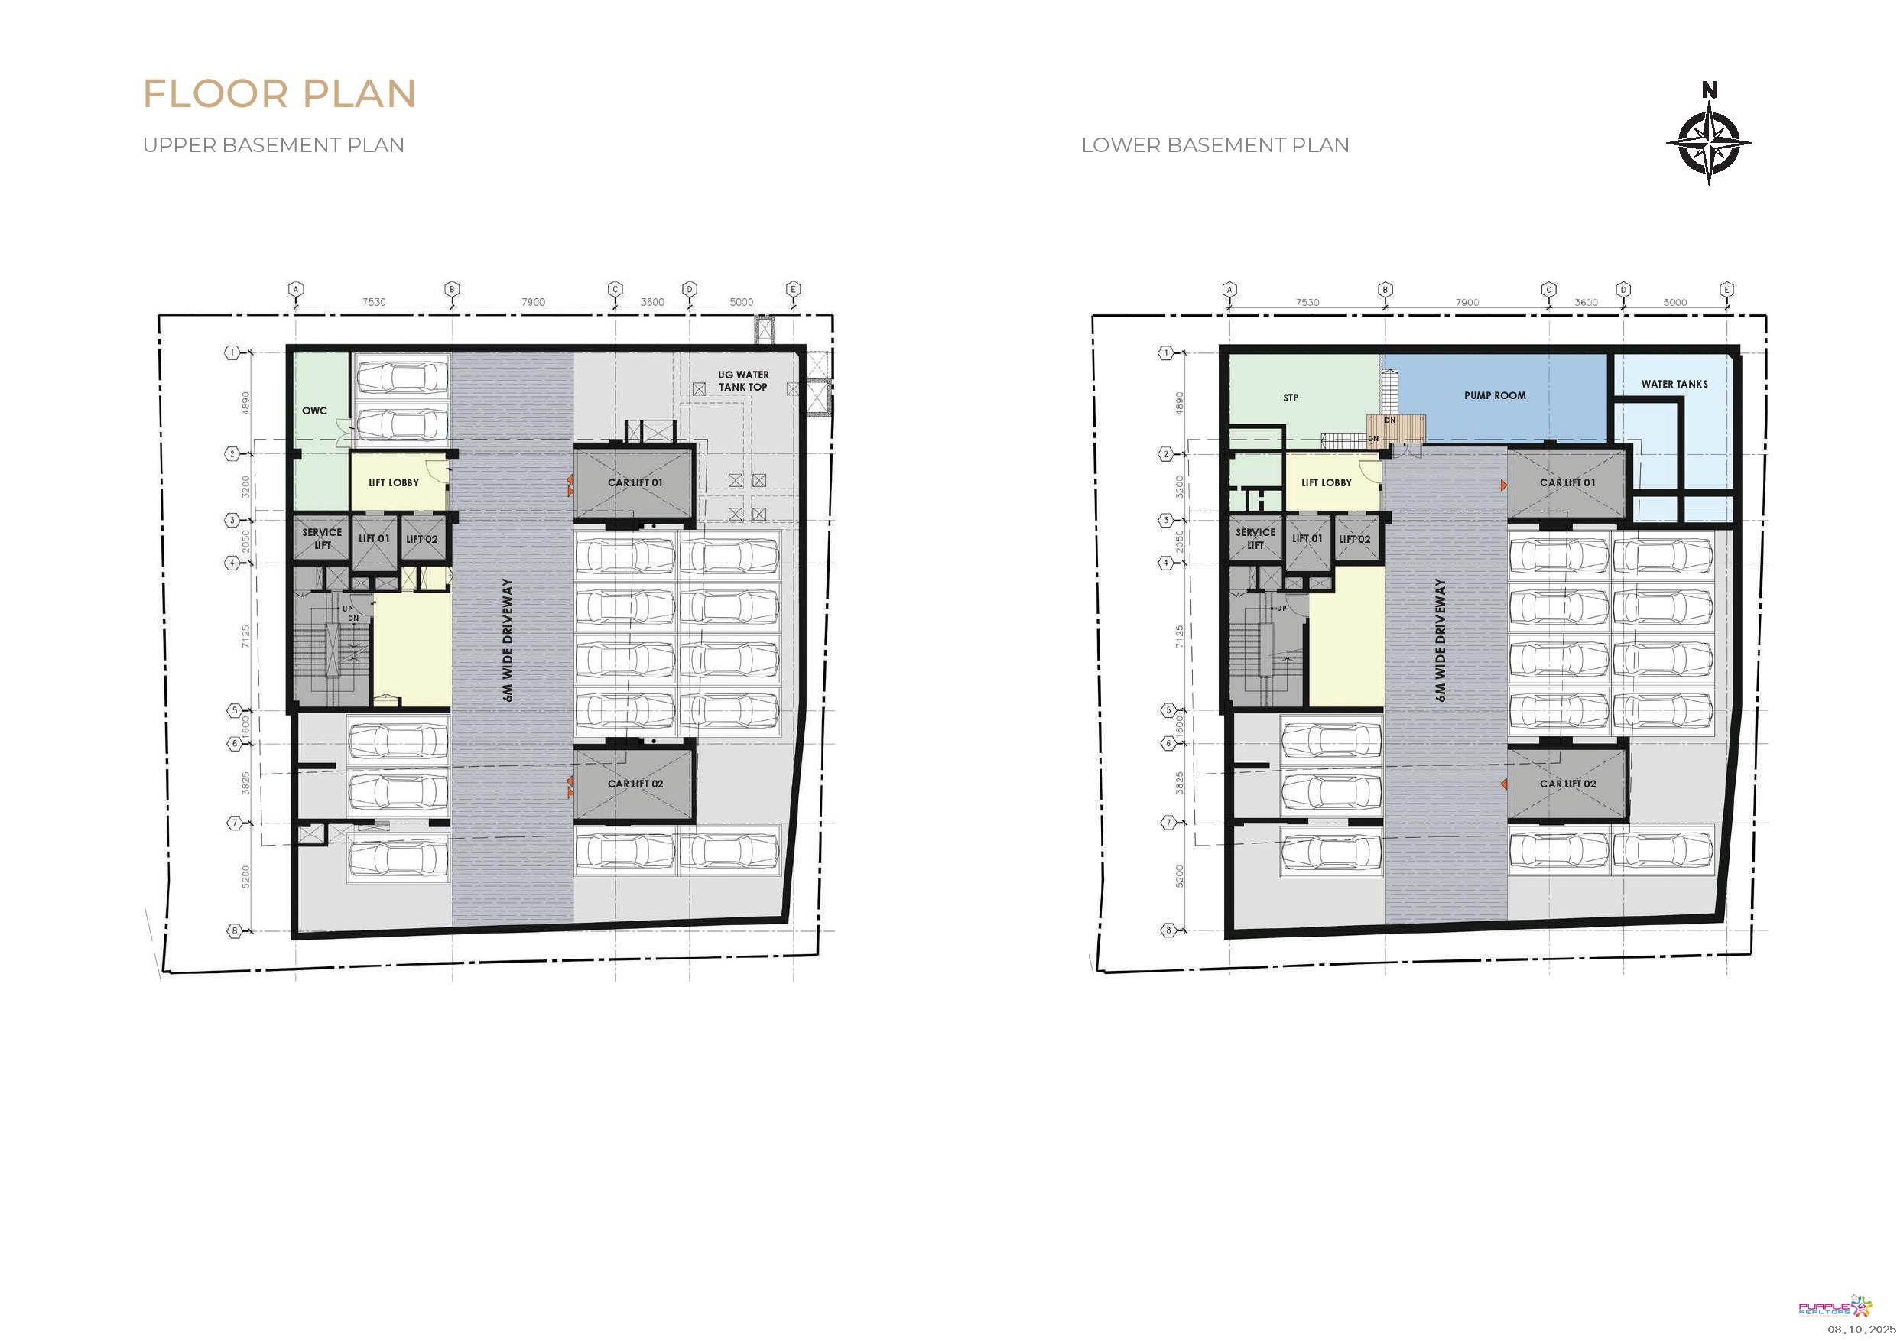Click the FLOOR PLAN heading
279,93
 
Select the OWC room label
315,411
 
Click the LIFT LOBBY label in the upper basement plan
393,482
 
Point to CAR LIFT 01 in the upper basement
635,482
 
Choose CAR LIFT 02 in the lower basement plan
1567,784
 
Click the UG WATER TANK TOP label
742,381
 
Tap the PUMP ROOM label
1495,396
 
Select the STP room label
1291,398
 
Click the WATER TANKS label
1674,385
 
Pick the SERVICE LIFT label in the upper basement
321,539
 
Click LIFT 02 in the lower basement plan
1354,539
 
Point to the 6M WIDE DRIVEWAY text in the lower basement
1441,641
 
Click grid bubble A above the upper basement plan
296,289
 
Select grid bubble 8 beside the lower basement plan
1168,930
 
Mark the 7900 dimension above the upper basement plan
533,301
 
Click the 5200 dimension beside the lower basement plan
1179,877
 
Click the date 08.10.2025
1862,1330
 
